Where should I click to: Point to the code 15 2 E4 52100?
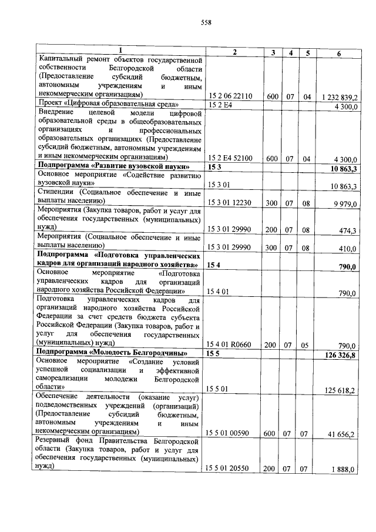click(x=230, y=159)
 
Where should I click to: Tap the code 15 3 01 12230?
click(x=230, y=204)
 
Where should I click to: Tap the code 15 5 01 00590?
click(x=230, y=434)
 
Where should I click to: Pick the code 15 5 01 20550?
click(x=230, y=470)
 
